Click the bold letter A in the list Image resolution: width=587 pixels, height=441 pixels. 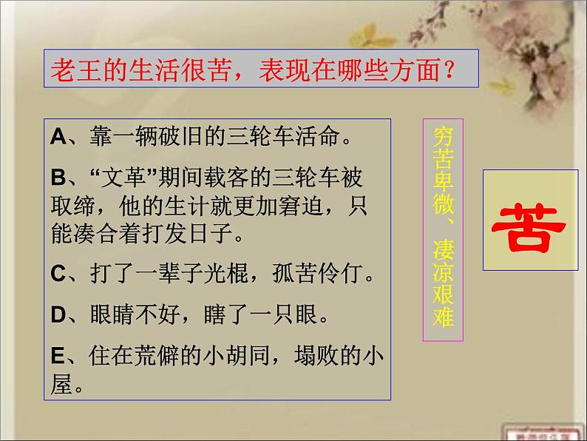coord(59,136)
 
